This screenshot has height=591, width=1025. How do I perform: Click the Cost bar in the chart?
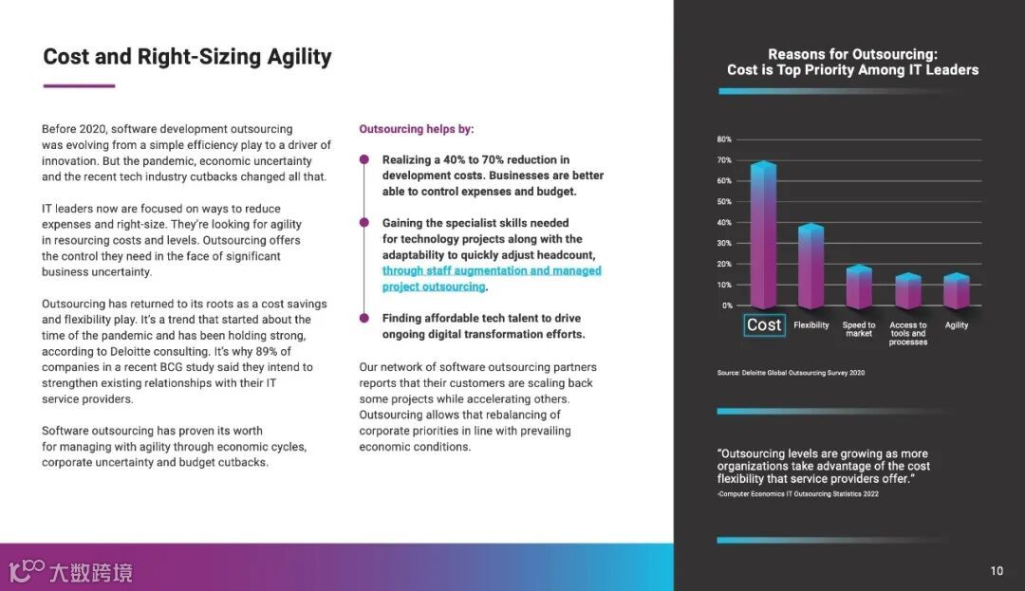click(763, 237)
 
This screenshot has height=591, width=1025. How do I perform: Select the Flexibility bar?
click(811, 268)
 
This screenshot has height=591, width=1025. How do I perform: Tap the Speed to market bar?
click(859, 288)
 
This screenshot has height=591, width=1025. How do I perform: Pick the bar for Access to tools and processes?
click(908, 292)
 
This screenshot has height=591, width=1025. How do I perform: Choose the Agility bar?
click(957, 292)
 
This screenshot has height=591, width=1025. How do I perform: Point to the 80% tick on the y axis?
click(724, 139)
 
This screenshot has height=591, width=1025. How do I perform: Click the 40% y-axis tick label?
click(724, 223)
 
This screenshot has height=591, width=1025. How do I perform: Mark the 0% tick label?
click(727, 305)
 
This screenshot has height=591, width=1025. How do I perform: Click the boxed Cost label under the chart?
click(764, 325)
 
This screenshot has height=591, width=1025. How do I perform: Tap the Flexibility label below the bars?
click(811, 325)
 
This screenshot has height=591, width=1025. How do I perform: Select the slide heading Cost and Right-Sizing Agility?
click(187, 57)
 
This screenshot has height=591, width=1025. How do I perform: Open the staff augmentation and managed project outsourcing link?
click(491, 279)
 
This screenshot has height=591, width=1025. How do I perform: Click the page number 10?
click(997, 571)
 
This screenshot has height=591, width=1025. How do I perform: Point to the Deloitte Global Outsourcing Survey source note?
click(791, 373)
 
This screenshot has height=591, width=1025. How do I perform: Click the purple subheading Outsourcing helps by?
click(416, 129)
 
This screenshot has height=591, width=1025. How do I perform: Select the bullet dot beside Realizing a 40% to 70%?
click(363, 159)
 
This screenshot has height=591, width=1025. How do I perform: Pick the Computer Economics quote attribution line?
click(797, 494)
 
